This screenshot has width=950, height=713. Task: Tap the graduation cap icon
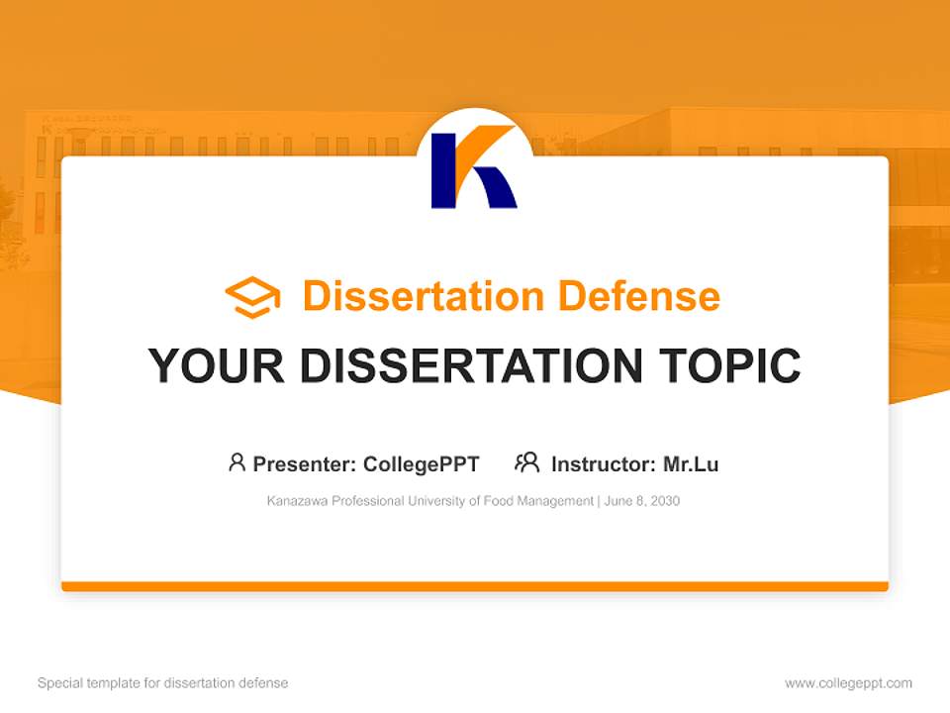(252, 296)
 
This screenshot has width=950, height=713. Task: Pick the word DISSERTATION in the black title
(471, 365)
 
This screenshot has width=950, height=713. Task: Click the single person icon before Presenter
(237, 462)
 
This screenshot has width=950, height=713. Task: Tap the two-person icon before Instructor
(526, 462)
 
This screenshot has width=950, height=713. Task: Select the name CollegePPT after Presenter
(422, 463)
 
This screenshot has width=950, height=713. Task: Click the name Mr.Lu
(691, 463)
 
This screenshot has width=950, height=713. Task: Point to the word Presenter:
(305, 463)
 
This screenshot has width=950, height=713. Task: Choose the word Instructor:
(603, 463)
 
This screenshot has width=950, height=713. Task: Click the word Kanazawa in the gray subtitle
(294, 501)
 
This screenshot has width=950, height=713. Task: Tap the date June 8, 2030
(642, 501)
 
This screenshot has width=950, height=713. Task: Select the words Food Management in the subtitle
(539, 501)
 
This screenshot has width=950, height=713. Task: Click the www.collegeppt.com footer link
(848, 683)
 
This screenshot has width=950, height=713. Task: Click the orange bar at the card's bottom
(474, 586)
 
